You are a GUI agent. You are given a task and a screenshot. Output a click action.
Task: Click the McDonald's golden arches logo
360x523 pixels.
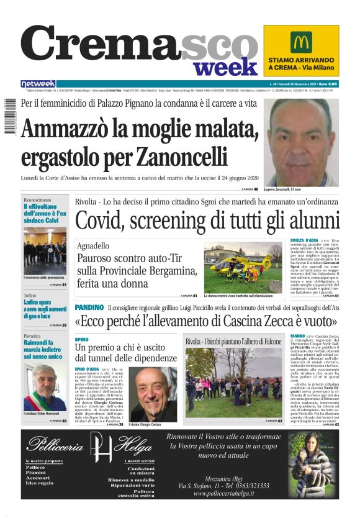point(300,42)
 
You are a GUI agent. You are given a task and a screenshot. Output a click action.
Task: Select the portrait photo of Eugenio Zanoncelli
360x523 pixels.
point(300,143)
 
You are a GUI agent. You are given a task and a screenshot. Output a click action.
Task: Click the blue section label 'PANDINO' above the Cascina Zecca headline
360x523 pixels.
point(89,308)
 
